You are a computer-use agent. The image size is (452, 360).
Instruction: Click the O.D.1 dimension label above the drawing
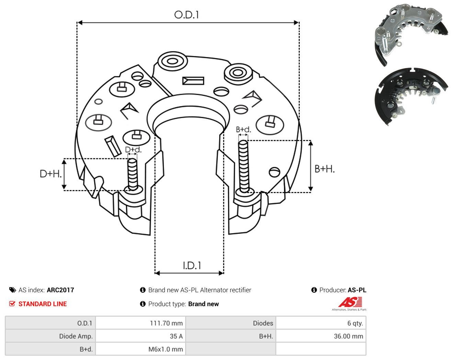pyautogui.click(x=187, y=15)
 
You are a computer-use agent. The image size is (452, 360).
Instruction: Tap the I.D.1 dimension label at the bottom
pyautogui.click(x=192, y=266)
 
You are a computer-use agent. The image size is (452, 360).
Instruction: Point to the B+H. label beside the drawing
pyautogui.click(x=325, y=169)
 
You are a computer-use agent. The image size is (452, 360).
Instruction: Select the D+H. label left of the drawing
pyautogui.click(x=50, y=174)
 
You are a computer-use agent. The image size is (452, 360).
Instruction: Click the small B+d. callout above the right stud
pyautogui.click(x=244, y=130)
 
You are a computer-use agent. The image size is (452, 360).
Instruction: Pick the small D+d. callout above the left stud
pyautogui.click(x=133, y=149)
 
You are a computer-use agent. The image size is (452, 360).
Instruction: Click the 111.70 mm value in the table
pyautogui.click(x=166, y=323)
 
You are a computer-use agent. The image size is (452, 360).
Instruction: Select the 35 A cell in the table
pyautogui.click(x=176, y=336)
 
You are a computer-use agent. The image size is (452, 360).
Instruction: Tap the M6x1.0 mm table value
pyautogui.click(x=166, y=349)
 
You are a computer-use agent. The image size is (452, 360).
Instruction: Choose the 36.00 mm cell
pyautogui.click(x=349, y=336)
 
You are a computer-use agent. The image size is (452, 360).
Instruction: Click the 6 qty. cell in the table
pyautogui.click(x=355, y=323)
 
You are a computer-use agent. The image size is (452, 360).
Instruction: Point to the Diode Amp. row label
pyautogui.click(x=76, y=336)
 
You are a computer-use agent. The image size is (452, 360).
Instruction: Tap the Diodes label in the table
pyautogui.click(x=263, y=323)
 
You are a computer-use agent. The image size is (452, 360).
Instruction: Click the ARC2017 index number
pyautogui.click(x=60, y=290)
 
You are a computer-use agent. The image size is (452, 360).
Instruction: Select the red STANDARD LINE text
pyautogui.click(x=43, y=304)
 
